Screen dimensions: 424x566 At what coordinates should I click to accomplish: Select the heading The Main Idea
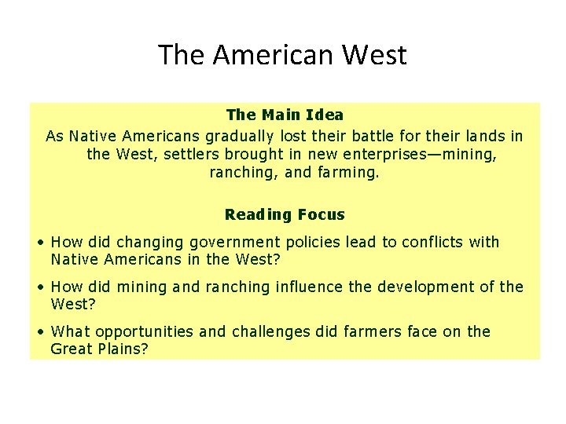pyautogui.click(x=285, y=115)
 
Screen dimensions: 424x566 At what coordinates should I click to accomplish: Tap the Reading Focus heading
pyautogui.click(x=285, y=214)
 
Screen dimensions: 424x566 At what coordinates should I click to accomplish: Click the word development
pyautogui.click(x=429, y=287)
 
